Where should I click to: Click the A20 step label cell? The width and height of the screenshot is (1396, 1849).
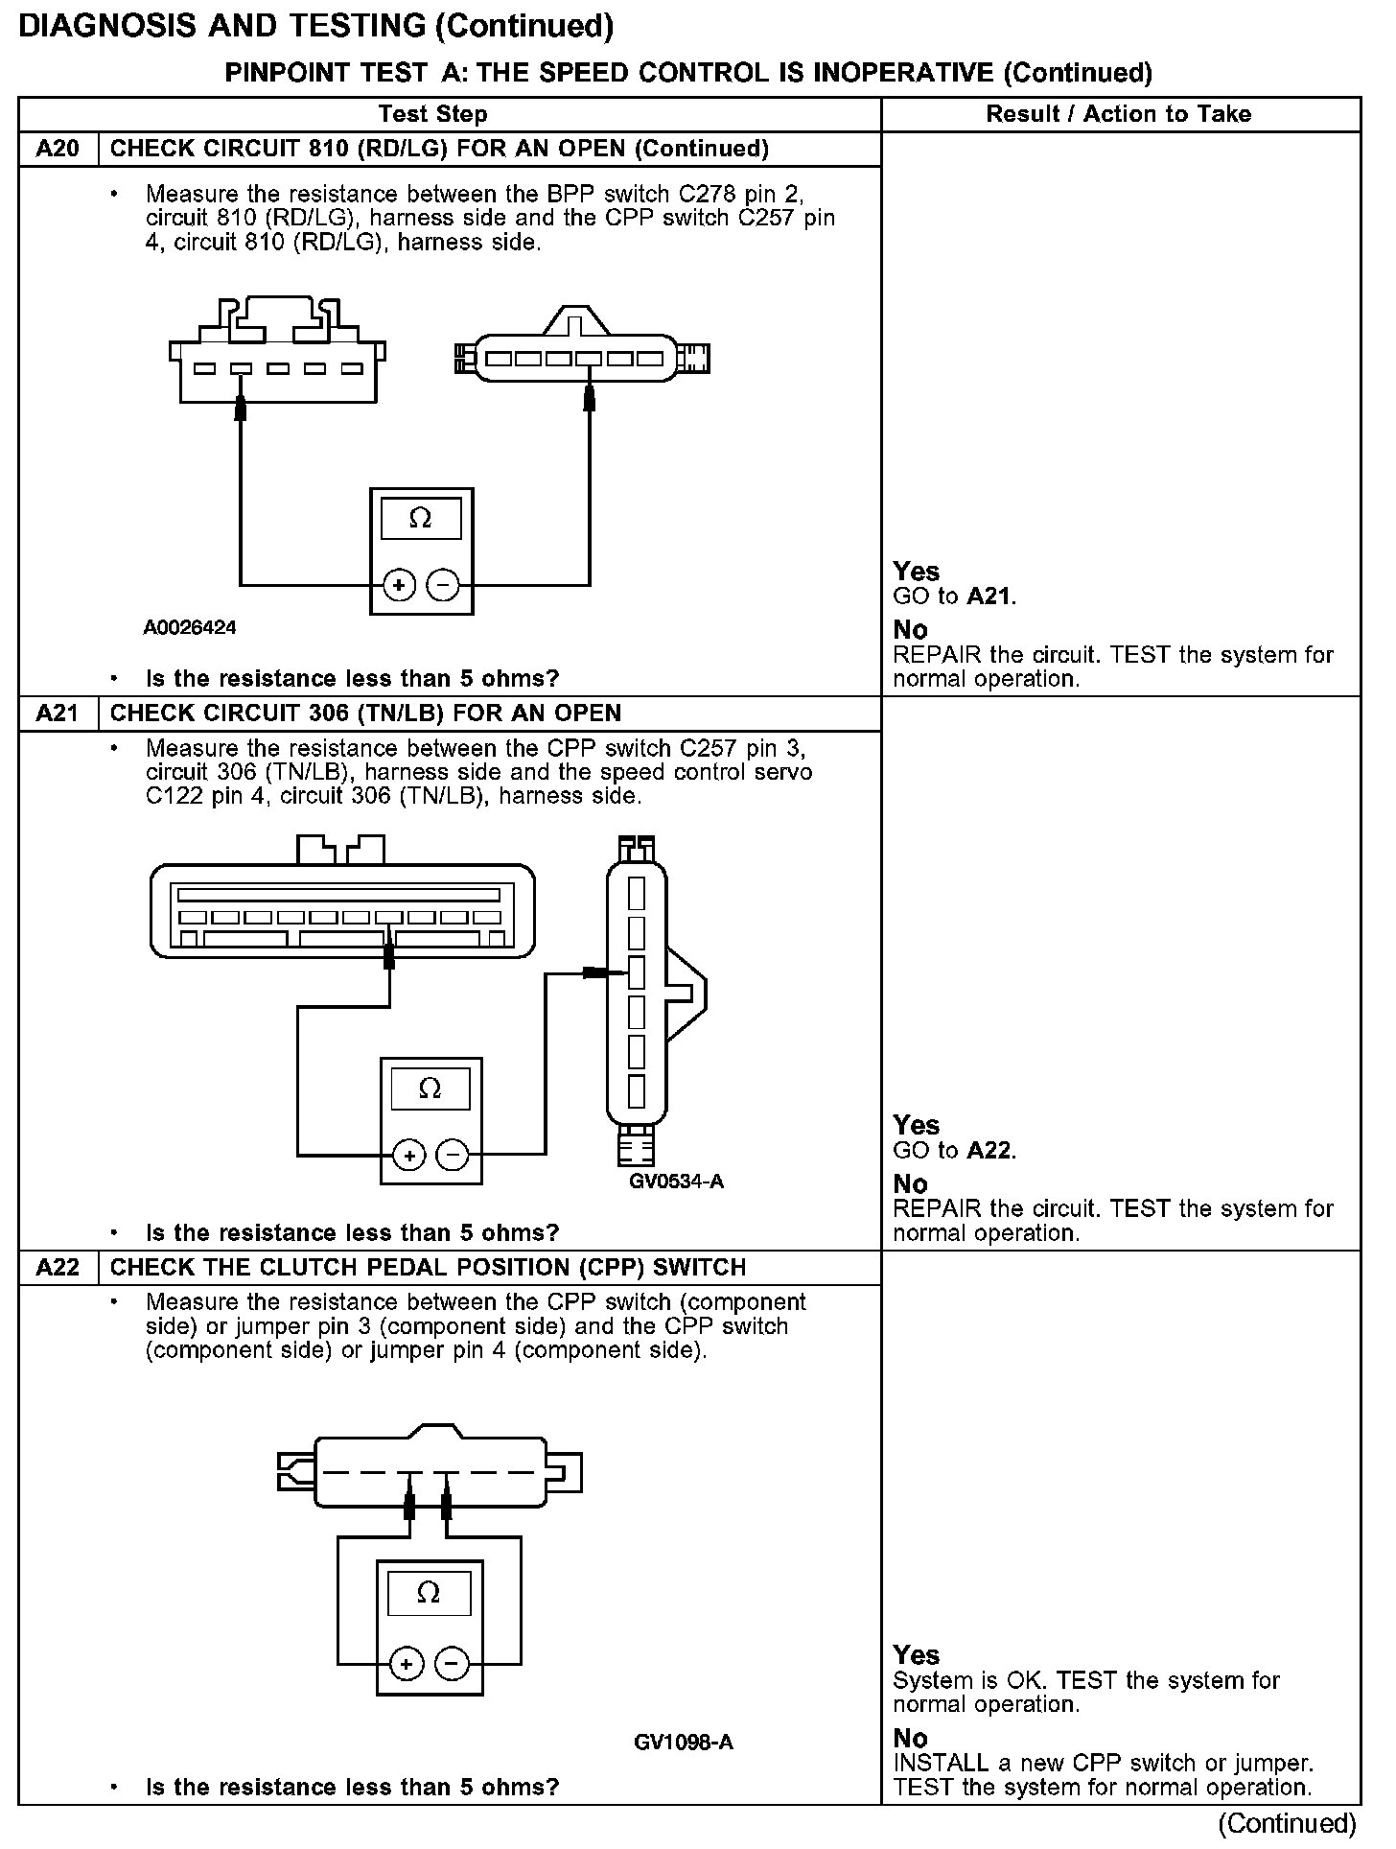tap(58, 149)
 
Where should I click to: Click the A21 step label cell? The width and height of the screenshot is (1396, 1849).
tap(58, 714)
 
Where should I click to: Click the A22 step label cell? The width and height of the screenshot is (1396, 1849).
tap(58, 1267)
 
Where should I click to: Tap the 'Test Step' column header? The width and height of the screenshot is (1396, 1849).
tap(432, 114)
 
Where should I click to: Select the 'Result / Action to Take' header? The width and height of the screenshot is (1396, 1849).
tap(1118, 114)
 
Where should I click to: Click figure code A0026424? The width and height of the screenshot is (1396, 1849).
tap(190, 628)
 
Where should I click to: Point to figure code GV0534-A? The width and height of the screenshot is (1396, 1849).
tap(676, 1182)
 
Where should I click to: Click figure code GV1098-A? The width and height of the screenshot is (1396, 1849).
tap(683, 1743)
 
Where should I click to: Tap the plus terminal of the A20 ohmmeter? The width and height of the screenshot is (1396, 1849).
tap(399, 584)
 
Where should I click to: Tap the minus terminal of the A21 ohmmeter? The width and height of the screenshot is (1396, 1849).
tap(453, 1156)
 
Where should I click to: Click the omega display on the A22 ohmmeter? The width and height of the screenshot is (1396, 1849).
tap(429, 1593)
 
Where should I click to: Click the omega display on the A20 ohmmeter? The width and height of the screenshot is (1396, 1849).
tap(420, 519)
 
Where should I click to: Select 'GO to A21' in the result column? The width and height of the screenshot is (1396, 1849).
tap(954, 597)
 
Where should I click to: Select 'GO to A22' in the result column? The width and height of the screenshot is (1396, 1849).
tap(954, 1150)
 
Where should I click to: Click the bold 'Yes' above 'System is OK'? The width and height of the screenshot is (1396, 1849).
tap(916, 1655)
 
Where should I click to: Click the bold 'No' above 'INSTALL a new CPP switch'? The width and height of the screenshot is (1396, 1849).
tap(910, 1738)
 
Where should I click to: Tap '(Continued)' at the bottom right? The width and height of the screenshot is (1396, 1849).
tap(1287, 1823)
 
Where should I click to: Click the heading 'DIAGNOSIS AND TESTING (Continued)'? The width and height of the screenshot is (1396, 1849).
tap(315, 26)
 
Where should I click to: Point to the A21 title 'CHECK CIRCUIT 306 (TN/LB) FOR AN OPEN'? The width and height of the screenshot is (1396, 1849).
tap(365, 714)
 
